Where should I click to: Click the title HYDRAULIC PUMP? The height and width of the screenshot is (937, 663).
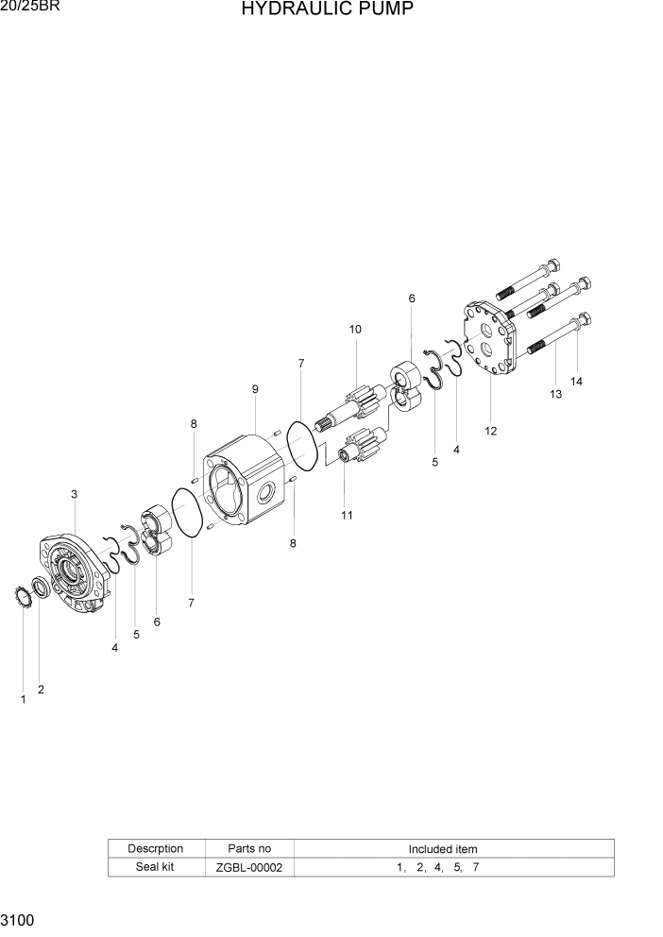(x=327, y=10)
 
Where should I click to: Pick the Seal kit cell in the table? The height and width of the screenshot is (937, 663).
(x=155, y=867)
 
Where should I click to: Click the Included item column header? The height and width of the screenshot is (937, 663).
(x=442, y=849)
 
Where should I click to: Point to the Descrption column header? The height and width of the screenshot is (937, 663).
(x=155, y=849)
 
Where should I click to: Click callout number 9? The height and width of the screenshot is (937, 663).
(x=255, y=389)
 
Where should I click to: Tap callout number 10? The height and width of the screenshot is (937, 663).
(x=355, y=330)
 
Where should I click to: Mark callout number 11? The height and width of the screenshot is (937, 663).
(x=347, y=515)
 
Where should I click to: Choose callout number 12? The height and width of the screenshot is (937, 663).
(x=490, y=432)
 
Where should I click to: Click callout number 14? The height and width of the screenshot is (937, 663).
(x=576, y=382)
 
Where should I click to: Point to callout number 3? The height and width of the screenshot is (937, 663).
(x=74, y=494)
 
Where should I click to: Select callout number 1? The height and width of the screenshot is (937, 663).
(x=23, y=699)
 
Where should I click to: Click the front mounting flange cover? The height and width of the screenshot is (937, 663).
(x=74, y=576)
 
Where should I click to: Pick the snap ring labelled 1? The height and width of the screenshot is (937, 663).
(x=22, y=597)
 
